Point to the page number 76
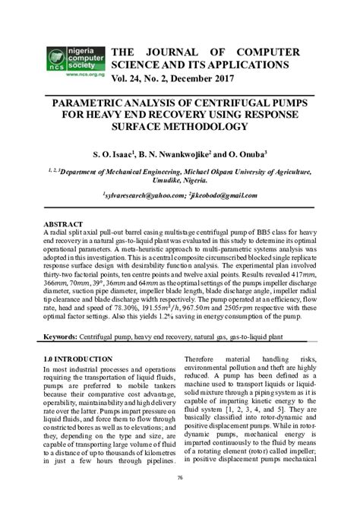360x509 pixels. pos(180,477)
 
